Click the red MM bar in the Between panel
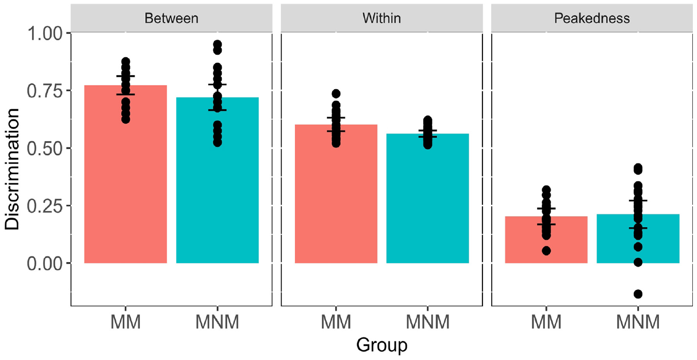pos(125,174)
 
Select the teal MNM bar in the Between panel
pos(217,181)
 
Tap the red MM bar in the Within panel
pos(336,194)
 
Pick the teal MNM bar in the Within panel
pos(427,199)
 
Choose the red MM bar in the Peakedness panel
pos(546,240)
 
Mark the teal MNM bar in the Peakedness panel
pos(638,239)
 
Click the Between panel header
pos(172,18)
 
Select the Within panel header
pos(382,18)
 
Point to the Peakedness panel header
pos(592,18)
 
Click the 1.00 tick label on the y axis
pos(45,33)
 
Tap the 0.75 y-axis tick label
pos(45,91)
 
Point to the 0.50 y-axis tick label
pos(45,148)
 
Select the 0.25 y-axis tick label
pos(45,206)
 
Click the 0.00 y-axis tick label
pos(45,264)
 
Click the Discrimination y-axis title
pos(12,169)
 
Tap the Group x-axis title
pos(382,345)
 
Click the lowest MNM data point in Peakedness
pos(638,293)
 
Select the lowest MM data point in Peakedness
pos(546,251)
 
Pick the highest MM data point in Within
pos(336,93)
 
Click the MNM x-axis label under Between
pos(217,322)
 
